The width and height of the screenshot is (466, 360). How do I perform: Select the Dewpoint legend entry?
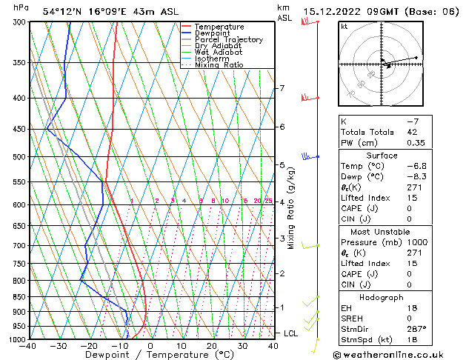pos(215,33)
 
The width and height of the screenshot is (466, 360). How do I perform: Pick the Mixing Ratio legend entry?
pos(219,65)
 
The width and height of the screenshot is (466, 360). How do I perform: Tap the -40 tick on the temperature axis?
pos(29,345)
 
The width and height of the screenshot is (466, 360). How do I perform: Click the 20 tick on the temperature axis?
pos(212,345)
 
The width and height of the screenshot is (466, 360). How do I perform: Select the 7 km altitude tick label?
pos(282,89)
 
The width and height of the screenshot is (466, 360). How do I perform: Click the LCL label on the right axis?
pos(290,333)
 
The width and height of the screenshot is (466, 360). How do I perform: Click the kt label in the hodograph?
pos(344,26)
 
